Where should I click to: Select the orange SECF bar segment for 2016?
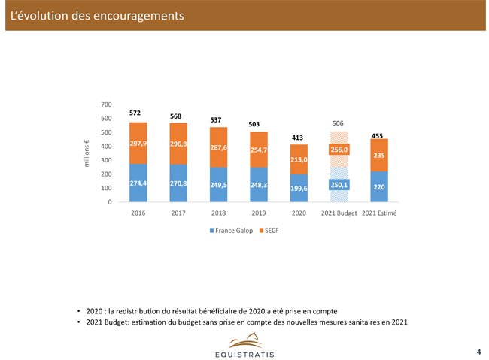(x=138, y=154)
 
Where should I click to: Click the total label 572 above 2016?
(x=135, y=113)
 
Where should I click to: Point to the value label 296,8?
(x=178, y=144)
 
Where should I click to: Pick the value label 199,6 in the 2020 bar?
(x=299, y=188)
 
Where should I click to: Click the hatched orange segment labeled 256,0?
(x=339, y=150)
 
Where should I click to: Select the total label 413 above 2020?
(x=298, y=138)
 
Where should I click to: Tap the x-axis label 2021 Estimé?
(x=379, y=213)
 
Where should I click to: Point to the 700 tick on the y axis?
(x=106, y=104)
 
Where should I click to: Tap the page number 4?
(x=478, y=351)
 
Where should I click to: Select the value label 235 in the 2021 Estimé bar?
(x=379, y=156)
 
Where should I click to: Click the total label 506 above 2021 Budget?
(x=338, y=123)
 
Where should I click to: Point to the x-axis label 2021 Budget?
(x=339, y=213)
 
